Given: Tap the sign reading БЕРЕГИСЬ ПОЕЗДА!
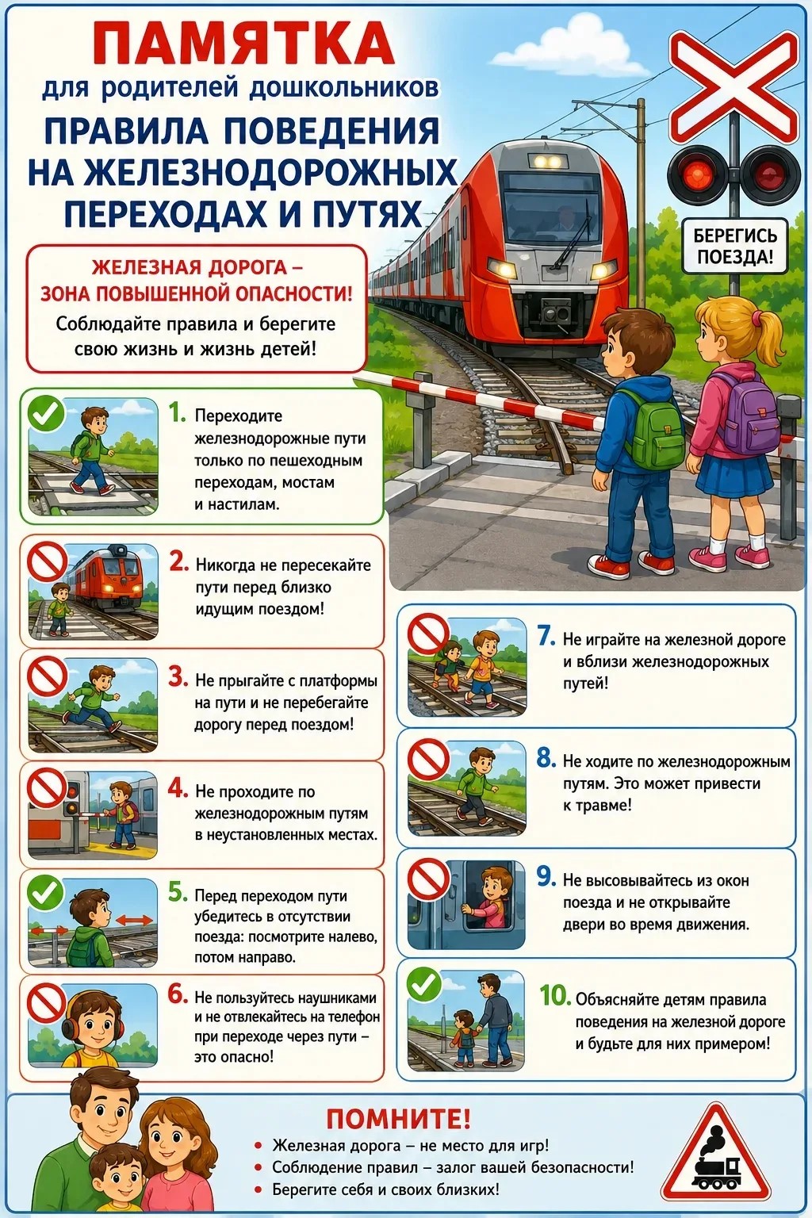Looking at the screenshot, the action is tap(735, 246).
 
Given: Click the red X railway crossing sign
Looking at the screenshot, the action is tap(734, 86).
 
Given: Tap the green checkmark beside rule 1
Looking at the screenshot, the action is tap(46, 414).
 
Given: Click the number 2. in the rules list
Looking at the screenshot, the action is tap(179, 563).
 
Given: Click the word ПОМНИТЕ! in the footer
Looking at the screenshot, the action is tap(398, 1119).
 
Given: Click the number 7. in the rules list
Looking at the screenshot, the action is tap(546, 636).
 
